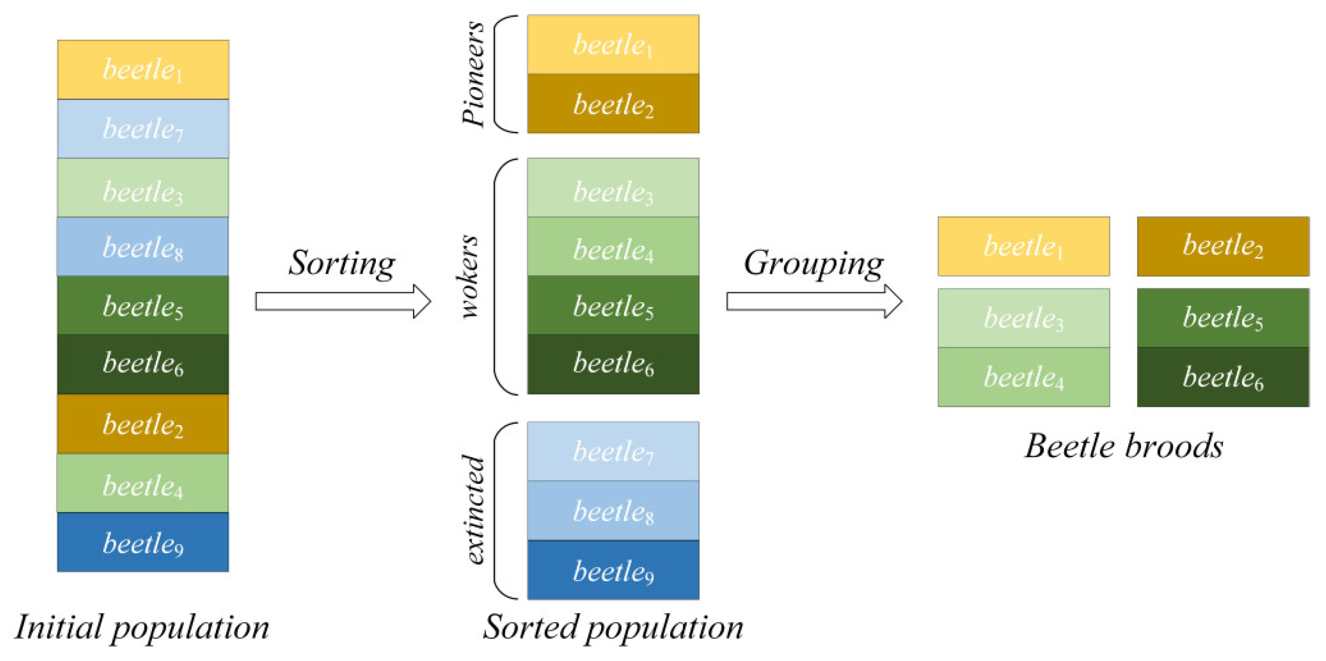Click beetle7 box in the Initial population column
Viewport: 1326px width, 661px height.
143,128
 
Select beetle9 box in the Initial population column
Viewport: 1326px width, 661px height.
143,542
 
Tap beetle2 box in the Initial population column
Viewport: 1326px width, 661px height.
143,424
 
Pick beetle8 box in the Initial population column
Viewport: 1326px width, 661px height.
143,247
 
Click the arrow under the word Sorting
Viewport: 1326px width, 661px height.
343,301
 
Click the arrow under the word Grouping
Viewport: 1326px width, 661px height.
814,301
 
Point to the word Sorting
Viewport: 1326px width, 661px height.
342,263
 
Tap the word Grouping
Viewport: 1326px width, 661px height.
814,263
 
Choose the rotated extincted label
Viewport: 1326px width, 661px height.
473,509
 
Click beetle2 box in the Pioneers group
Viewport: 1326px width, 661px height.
613,103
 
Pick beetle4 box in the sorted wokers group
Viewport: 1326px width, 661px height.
613,247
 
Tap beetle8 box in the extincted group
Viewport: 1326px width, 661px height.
613,510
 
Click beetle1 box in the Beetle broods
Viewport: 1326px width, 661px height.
1023,246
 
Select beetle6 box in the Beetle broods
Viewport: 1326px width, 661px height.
1223,377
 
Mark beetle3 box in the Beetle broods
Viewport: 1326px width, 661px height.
1023,318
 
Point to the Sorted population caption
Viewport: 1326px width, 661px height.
613,628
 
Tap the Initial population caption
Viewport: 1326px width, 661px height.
141,628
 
